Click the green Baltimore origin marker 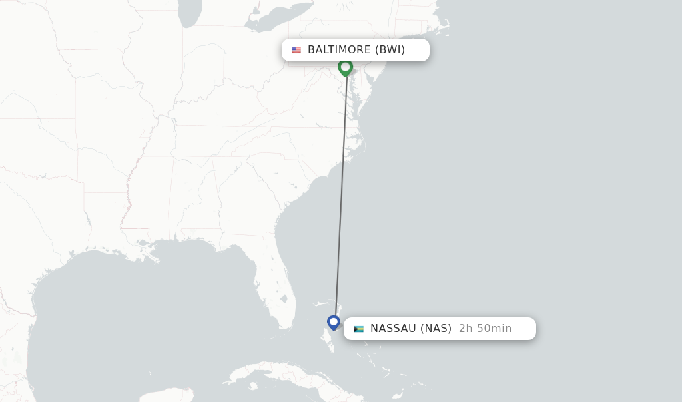345,67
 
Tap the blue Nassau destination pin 334,322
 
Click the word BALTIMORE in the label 338,50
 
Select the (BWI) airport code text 390,50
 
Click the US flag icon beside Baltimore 296,50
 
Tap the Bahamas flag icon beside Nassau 358,329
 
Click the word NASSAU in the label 393,329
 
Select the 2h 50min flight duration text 485,329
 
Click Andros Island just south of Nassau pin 327,343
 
